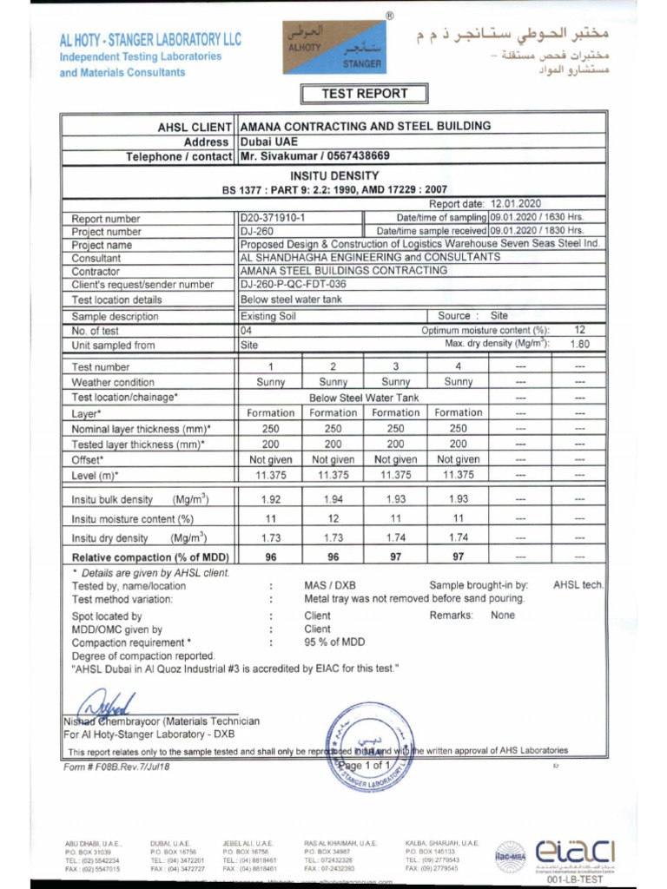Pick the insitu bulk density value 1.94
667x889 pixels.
click(x=333, y=499)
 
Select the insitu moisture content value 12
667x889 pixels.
click(x=333, y=518)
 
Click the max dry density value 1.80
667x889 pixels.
click(x=579, y=344)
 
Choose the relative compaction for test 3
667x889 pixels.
click(x=395, y=557)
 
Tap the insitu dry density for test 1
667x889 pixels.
click(x=270, y=538)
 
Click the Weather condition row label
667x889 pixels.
click(x=113, y=382)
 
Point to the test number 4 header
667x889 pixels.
click(x=458, y=366)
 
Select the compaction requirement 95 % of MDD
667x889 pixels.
click(x=334, y=642)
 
